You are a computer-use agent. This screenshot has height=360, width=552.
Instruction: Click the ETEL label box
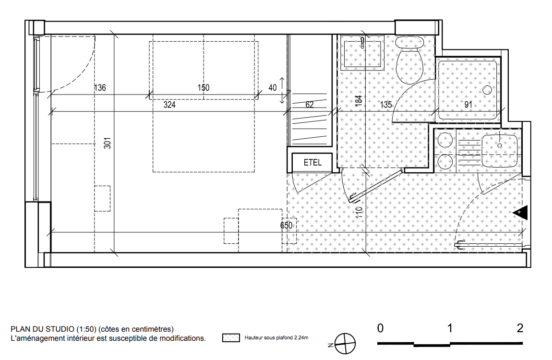point(312,162)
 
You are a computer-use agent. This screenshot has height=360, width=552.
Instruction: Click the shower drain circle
point(487,90)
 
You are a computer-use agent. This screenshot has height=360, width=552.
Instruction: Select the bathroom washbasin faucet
point(362,42)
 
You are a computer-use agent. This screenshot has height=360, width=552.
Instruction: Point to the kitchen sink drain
point(499,145)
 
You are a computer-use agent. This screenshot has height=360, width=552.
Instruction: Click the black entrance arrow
point(520,213)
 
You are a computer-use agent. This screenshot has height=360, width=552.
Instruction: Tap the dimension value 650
point(286,225)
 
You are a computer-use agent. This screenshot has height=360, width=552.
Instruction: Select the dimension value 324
point(169,105)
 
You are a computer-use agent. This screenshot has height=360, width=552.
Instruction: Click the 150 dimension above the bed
point(204,87)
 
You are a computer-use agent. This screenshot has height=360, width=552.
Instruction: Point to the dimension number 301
point(108,143)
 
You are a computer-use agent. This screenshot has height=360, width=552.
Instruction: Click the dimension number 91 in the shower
point(468,105)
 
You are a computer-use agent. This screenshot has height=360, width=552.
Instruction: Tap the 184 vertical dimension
point(359,101)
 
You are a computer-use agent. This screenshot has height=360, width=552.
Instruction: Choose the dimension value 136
point(100,87)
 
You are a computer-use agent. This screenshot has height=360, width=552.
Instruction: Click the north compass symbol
point(345,344)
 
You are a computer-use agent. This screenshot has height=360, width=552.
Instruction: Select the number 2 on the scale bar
point(520,328)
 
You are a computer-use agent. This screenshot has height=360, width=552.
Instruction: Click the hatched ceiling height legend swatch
point(231,338)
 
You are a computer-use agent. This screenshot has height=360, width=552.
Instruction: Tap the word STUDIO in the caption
point(60,329)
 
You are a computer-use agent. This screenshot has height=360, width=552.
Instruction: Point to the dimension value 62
point(310,105)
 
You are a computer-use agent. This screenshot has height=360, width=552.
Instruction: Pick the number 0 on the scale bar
point(380,328)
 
